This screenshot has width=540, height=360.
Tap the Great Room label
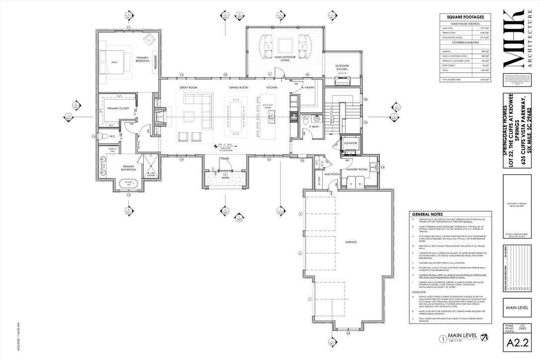click(188, 88)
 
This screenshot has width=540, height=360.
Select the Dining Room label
click(238, 88)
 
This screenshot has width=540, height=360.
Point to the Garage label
click(352, 242)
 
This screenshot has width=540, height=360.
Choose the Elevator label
click(351, 143)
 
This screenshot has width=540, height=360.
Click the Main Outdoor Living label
click(285, 59)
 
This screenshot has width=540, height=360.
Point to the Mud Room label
click(333, 175)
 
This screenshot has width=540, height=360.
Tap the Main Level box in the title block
click(516, 308)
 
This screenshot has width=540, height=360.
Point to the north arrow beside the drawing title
click(485, 338)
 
